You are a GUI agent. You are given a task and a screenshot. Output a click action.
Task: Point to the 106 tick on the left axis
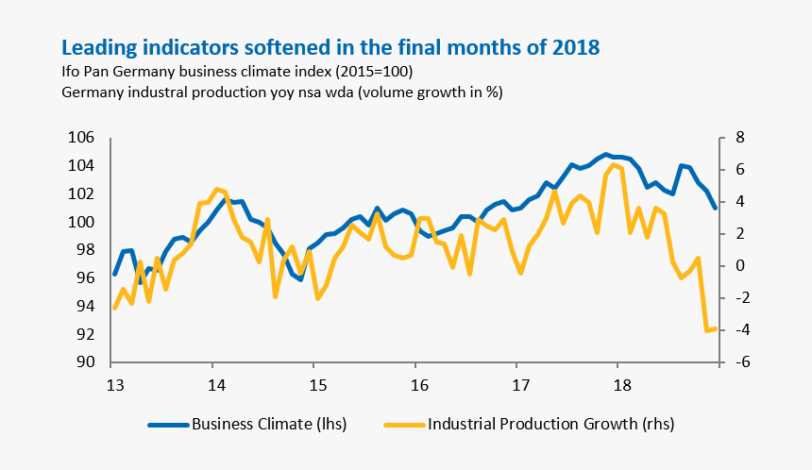80,138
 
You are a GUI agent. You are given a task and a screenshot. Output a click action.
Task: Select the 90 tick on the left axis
84,362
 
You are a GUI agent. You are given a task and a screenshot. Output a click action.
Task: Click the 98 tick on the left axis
84,250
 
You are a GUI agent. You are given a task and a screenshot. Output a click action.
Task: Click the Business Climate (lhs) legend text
269,424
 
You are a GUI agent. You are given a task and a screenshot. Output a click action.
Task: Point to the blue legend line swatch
168,425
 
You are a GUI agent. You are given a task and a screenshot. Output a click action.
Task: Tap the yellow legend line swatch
404,425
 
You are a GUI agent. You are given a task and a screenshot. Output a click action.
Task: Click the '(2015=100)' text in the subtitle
362,73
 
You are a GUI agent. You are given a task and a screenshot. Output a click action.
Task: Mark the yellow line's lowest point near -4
706,330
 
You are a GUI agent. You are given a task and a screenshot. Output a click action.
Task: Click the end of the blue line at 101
715,208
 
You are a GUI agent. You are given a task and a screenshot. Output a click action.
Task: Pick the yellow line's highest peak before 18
614,164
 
